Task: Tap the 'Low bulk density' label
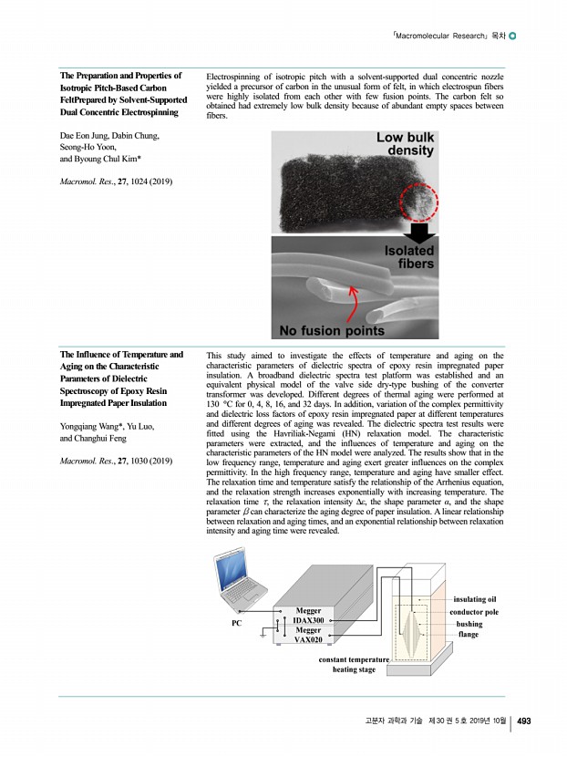tap(405, 143)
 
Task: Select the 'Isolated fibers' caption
tap(407, 257)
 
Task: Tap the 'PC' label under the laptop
tap(236, 625)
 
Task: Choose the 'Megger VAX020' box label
tap(308, 636)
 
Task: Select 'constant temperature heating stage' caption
tap(354, 664)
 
